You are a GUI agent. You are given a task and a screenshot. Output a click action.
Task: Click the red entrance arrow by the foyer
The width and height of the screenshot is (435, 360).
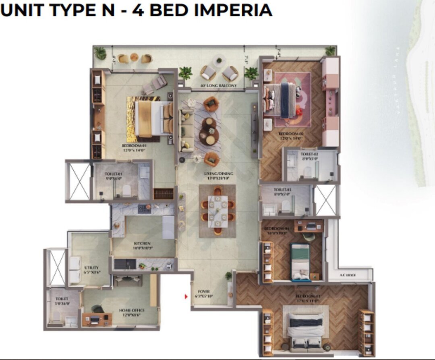point(186,297)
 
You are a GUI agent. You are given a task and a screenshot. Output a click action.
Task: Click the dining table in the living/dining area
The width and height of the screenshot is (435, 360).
point(217,211)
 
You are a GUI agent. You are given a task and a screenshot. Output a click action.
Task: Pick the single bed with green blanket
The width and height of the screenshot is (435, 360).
point(300,262)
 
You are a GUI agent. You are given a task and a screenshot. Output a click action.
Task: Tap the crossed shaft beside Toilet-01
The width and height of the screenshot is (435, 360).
point(79,181)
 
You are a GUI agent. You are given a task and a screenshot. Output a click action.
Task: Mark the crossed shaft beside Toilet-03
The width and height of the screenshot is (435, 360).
point(325,200)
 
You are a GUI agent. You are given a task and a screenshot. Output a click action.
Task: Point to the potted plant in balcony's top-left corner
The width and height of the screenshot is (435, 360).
point(99,53)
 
